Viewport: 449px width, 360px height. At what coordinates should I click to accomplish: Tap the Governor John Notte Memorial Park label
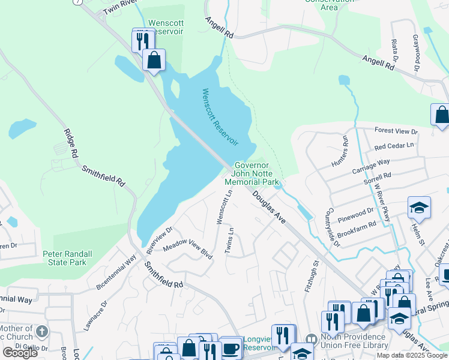pos(252,173)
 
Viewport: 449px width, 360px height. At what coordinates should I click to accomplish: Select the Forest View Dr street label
pos(396,131)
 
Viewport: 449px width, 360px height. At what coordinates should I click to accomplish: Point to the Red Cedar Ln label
pos(394,146)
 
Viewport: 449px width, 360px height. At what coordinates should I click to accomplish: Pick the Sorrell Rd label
pos(378,176)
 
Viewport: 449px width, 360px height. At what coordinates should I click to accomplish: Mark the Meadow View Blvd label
pos(188,250)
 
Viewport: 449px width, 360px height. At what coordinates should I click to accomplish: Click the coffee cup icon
pos(231,347)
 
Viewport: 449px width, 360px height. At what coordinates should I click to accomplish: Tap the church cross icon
pos(41,331)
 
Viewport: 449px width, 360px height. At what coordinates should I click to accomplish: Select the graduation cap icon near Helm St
pos(419,208)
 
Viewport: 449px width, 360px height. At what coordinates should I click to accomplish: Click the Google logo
pos(20,352)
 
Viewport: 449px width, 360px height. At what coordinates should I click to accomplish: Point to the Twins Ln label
pos(229,240)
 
